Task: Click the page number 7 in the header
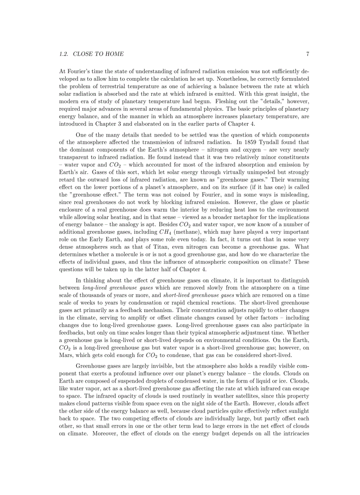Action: coord(307,54)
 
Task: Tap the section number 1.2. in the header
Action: coord(64,54)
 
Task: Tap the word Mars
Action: coord(67,355)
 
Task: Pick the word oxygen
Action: coord(240,150)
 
